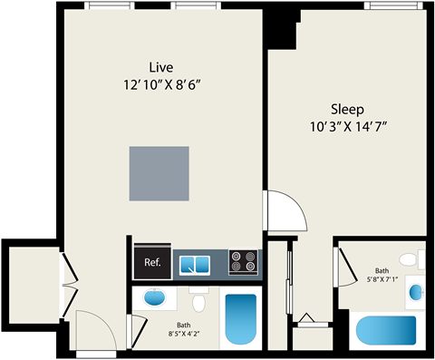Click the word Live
pos(161,67)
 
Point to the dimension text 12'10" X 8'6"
pos(161,85)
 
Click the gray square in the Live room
pos(159,174)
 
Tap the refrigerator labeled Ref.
pos(152,263)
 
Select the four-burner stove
pos(242,263)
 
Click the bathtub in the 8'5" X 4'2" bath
pos(241,318)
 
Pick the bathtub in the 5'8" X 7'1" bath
pos(385,331)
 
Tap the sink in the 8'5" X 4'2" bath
pos(154,297)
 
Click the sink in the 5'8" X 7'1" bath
pos(415,292)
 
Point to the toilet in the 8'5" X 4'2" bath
pos(198,300)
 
